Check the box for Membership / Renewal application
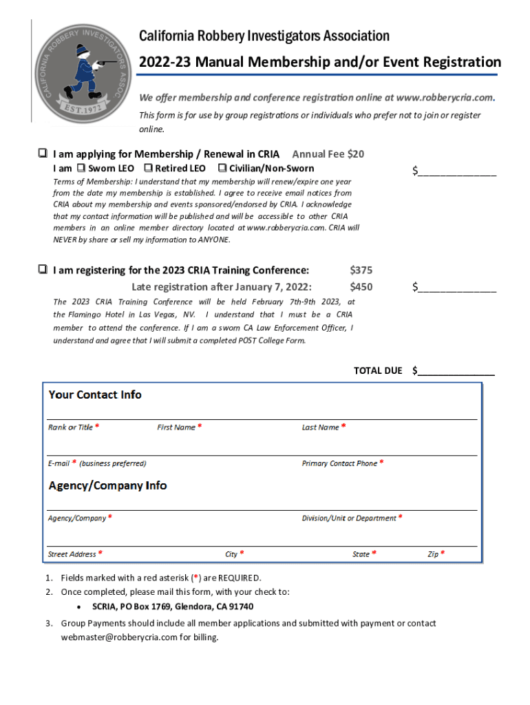(x=43, y=154)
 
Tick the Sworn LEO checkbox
(x=81, y=168)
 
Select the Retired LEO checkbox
(x=148, y=168)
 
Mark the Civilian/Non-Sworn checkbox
(x=222, y=168)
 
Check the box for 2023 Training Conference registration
(x=43, y=270)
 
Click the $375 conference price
(x=361, y=271)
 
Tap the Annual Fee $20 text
(x=328, y=154)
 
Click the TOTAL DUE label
(x=377, y=371)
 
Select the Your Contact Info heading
(x=95, y=394)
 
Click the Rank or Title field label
(x=70, y=428)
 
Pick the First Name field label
(x=176, y=428)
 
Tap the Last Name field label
(x=320, y=428)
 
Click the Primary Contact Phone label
(x=339, y=463)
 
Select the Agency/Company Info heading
(x=107, y=485)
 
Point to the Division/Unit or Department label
(x=349, y=518)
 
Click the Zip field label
(x=433, y=554)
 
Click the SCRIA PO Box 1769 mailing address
(x=173, y=607)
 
